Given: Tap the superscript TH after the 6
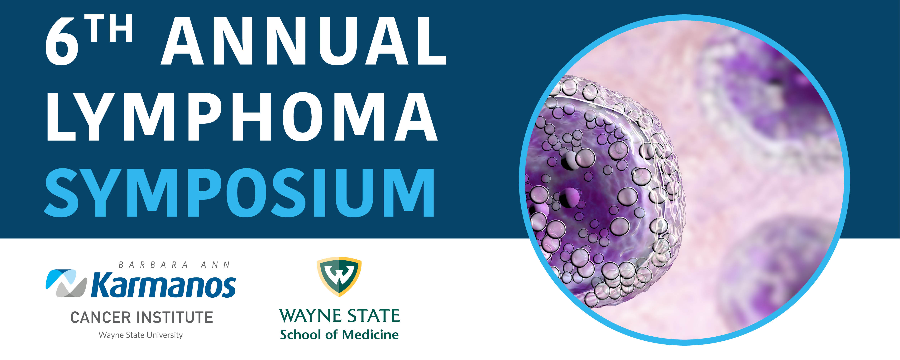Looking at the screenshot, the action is tap(110, 28).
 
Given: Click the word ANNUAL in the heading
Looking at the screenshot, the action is tap(304, 41).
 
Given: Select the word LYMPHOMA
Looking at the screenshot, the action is tap(242, 117).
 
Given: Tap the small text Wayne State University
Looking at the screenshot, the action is tap(141, 335).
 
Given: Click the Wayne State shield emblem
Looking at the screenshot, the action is tap(339, 277).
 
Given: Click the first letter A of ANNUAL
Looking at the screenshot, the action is tap(183, 41).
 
